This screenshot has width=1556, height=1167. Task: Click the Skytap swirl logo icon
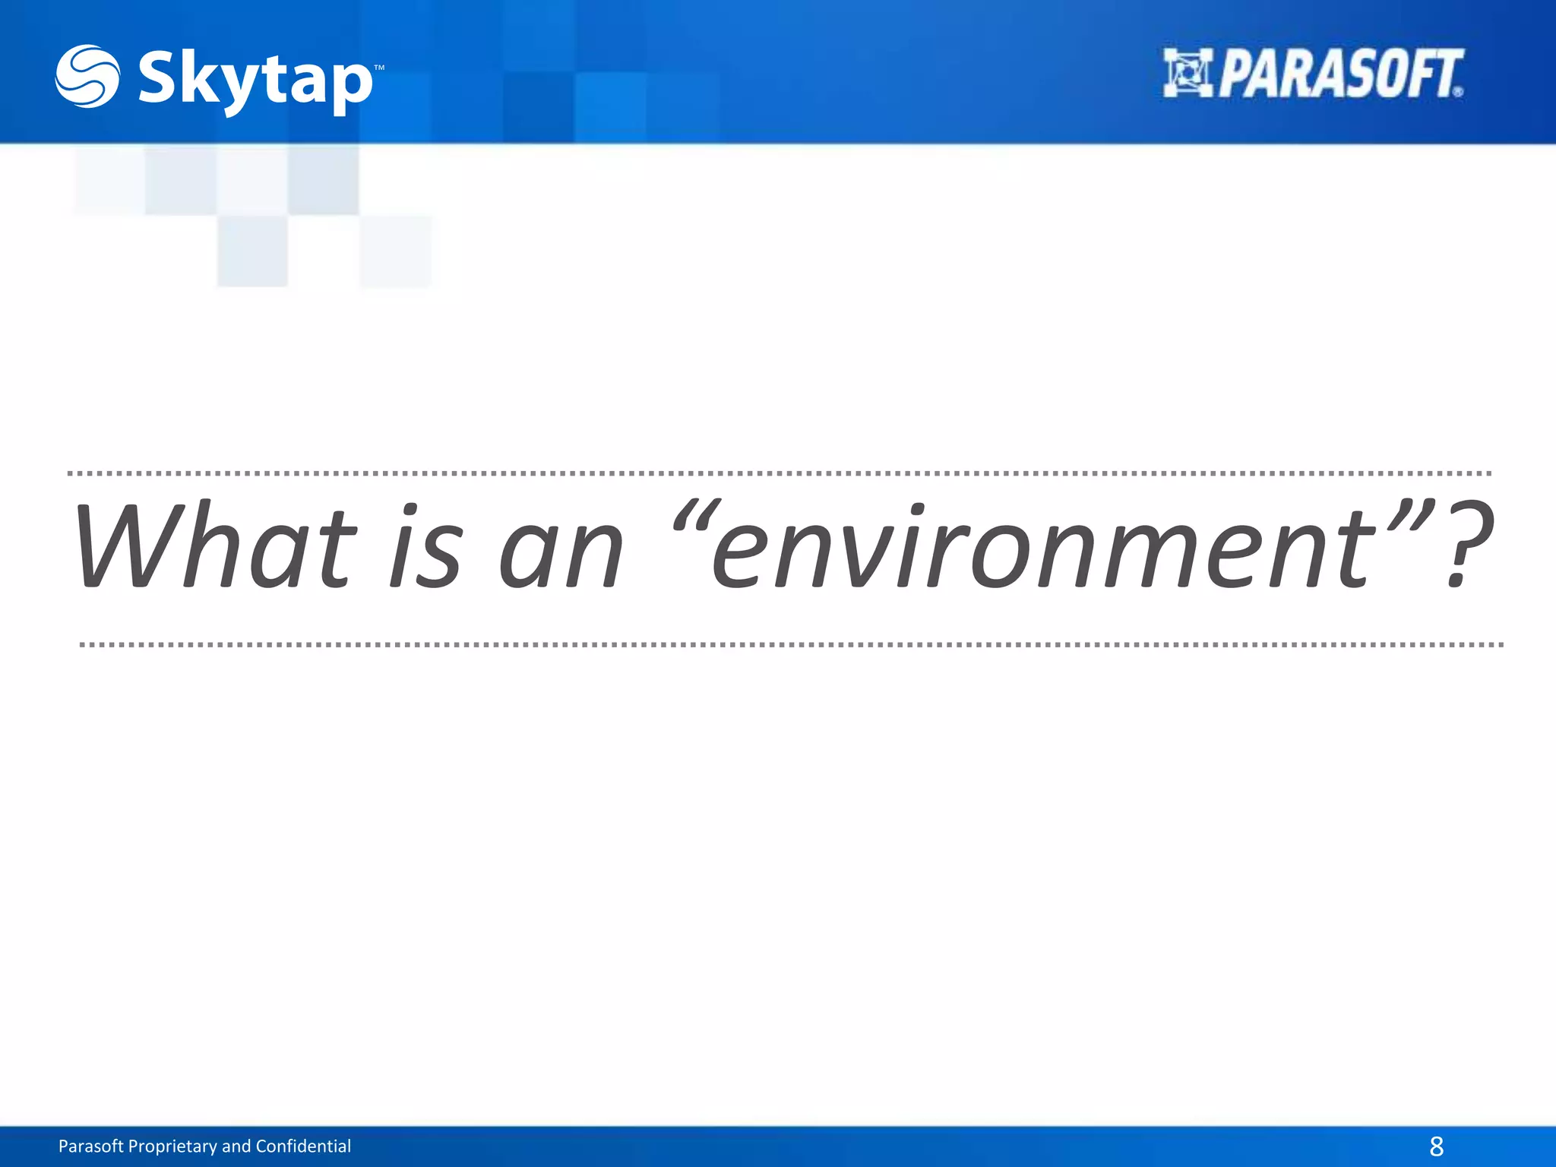click(x=87, y=76)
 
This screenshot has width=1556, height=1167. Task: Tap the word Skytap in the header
click(x=255, y=81)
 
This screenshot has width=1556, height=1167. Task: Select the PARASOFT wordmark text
click(x=1341, y=74)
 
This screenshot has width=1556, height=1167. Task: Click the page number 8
click(x=1436, y=1146)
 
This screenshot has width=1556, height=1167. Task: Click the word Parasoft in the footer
click(x=90, y=1146)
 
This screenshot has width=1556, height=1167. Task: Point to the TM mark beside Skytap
click(x=379, y=68)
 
